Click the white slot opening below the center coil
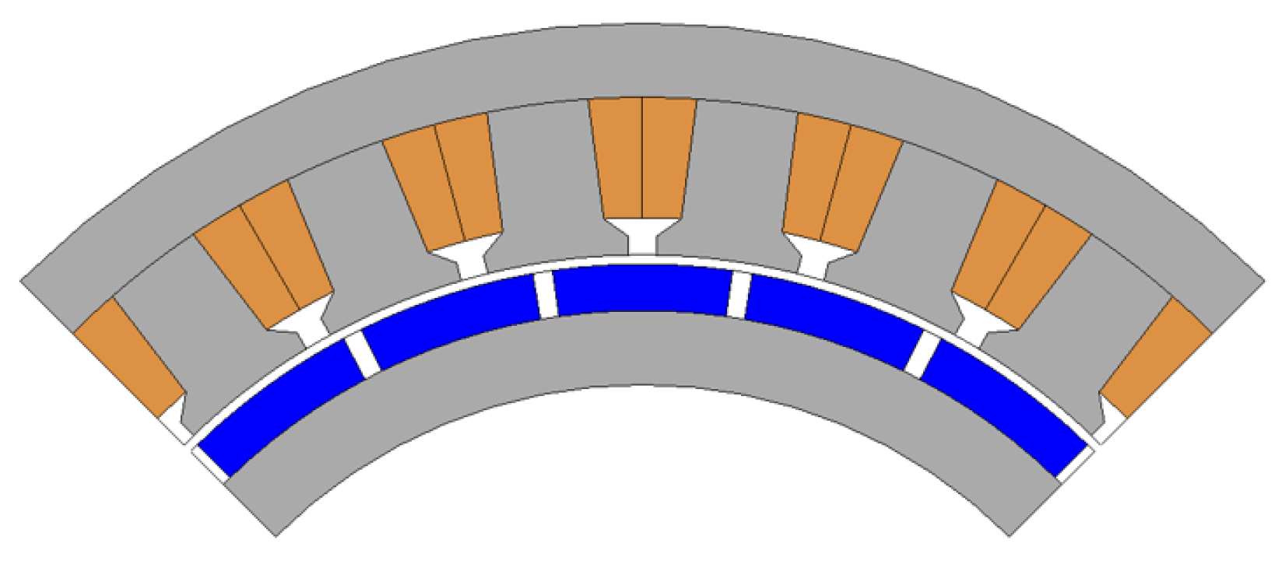click(642, 237)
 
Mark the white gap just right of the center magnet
click(737, 295)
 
